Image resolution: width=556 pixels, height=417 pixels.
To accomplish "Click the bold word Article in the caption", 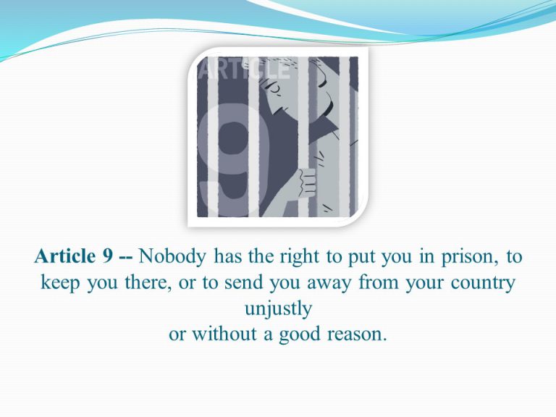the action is tap(65, 256).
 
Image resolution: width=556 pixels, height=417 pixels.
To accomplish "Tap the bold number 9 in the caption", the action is tap(108, 256).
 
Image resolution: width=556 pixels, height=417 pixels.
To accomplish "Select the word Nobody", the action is tap(172, 257).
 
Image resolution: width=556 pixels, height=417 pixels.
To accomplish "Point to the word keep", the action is tap(60, 283).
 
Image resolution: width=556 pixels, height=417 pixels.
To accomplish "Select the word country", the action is tap(483, 284).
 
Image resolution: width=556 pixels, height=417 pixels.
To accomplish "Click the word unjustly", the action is tap(278, 309).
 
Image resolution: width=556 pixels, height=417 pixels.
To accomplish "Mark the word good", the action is tap(300, 335).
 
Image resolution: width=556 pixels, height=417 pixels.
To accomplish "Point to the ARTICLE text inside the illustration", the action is tap(244, 69).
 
